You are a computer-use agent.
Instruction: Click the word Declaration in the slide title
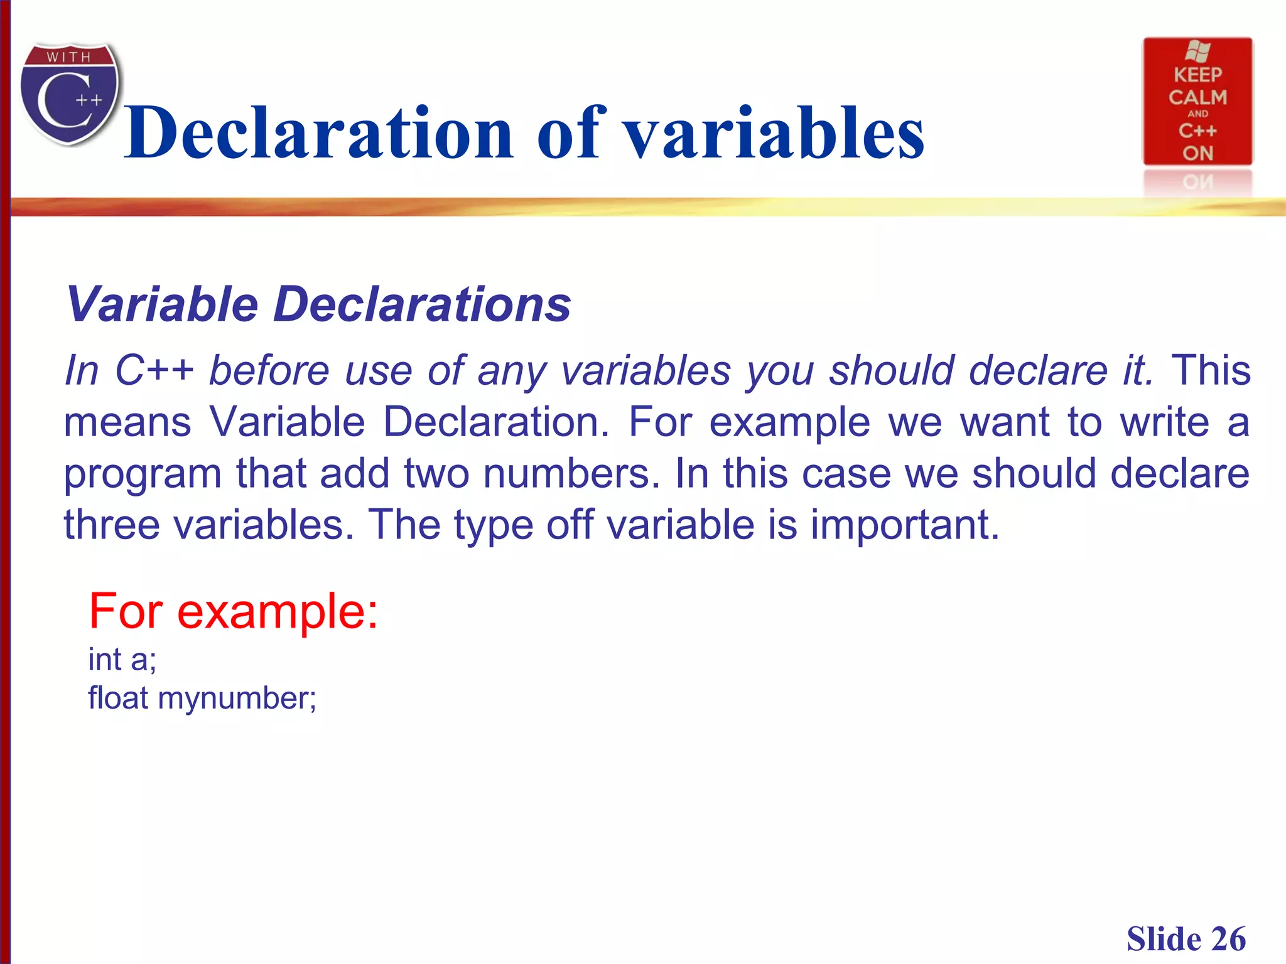[319, 133]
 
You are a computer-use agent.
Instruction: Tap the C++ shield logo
[70, 94]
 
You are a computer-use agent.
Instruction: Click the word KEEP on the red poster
[1198, 75]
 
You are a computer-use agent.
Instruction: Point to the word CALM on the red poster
[1198, 97]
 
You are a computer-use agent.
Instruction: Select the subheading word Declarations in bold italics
[422, 304]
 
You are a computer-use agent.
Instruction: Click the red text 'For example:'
[234, 611]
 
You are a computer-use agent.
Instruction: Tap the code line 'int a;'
[122, 660]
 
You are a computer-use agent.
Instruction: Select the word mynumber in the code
[237, 698]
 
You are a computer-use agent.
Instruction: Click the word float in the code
[118, 698]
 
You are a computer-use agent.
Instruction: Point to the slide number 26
[1229, 939]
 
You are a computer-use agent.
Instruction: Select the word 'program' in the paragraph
[143, 474]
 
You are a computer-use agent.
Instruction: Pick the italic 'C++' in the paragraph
[154, 370]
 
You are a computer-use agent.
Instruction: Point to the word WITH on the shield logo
[69, 57]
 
